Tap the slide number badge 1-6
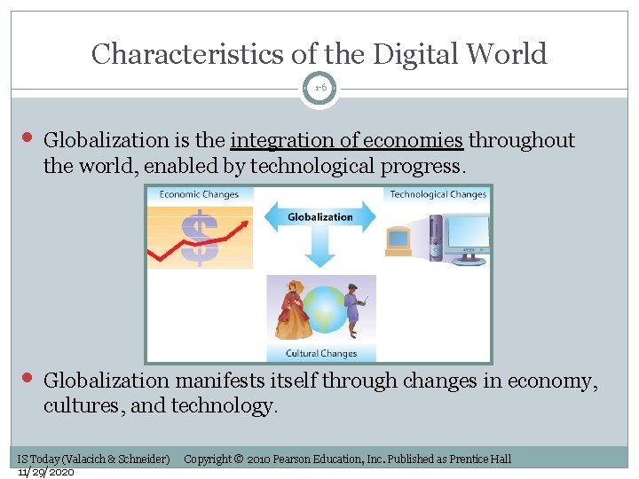coord(319,88)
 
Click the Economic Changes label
coord(200,194)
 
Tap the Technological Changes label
coord(438,194)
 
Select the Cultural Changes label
coord(320,353)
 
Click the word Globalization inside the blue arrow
coord(319,216)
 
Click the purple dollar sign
coord(200,238)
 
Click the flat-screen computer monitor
coord(464,241)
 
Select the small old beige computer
coord(398,240)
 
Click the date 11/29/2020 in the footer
coord(46,471)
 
